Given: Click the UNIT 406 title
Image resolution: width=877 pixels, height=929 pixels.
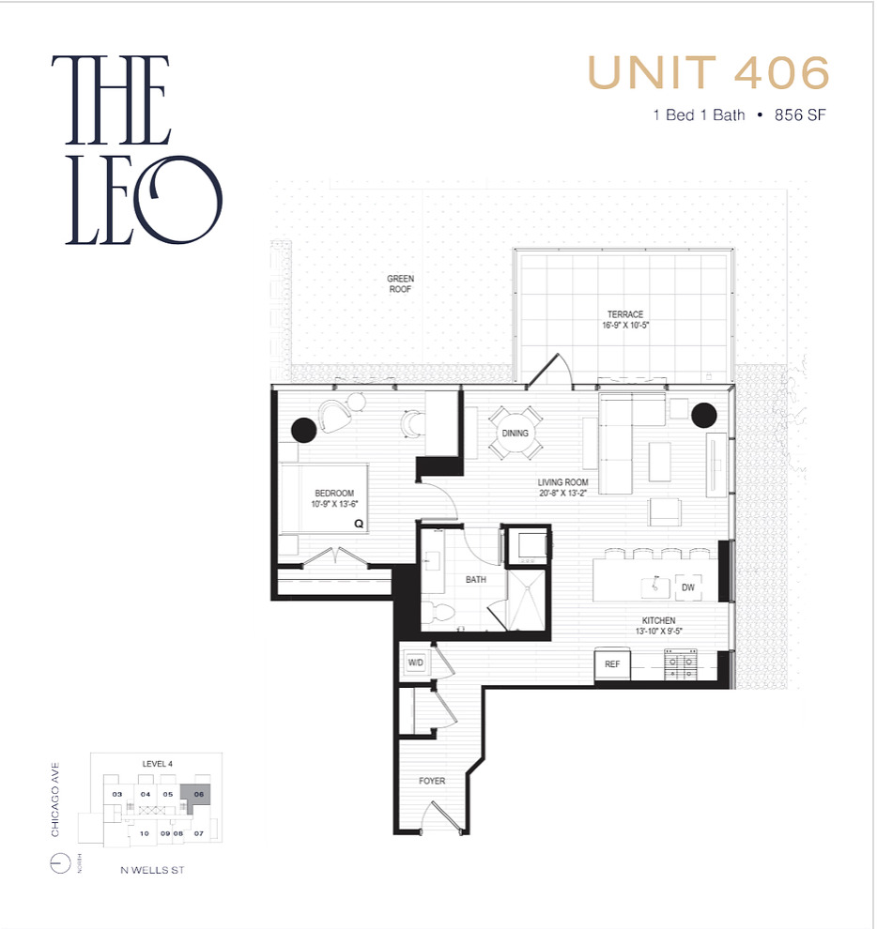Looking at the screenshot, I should (708, 73).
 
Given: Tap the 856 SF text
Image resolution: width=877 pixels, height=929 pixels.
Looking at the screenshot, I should (799, 115).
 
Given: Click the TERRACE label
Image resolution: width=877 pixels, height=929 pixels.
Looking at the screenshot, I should (624, 314).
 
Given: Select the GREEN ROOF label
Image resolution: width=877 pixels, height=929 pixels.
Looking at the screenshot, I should (400, 284).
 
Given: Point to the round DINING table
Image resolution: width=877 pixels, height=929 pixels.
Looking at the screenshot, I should (515, 434).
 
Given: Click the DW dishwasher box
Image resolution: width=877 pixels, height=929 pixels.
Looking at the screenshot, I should (687, 587).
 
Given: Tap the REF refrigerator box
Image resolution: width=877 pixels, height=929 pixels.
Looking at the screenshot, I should (612, 664).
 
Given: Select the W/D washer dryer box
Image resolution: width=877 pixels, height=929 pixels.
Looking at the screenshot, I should (415, 662).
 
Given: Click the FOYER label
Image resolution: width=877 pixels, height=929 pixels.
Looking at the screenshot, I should (432, 781).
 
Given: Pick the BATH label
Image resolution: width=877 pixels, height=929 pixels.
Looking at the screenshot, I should (476, 580).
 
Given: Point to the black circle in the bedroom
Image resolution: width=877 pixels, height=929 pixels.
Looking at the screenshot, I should (303, 430).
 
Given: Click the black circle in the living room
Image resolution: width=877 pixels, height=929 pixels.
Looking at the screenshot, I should (703, 414).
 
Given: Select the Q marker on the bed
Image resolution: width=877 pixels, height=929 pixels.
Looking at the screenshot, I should (358, 525).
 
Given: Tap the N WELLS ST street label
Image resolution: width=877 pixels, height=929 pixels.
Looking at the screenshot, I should (152, 871).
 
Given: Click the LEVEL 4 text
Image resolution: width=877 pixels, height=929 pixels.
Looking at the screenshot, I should (157, 764).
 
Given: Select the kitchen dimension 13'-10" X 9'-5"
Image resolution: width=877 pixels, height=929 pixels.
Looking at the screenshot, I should (658, 632).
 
